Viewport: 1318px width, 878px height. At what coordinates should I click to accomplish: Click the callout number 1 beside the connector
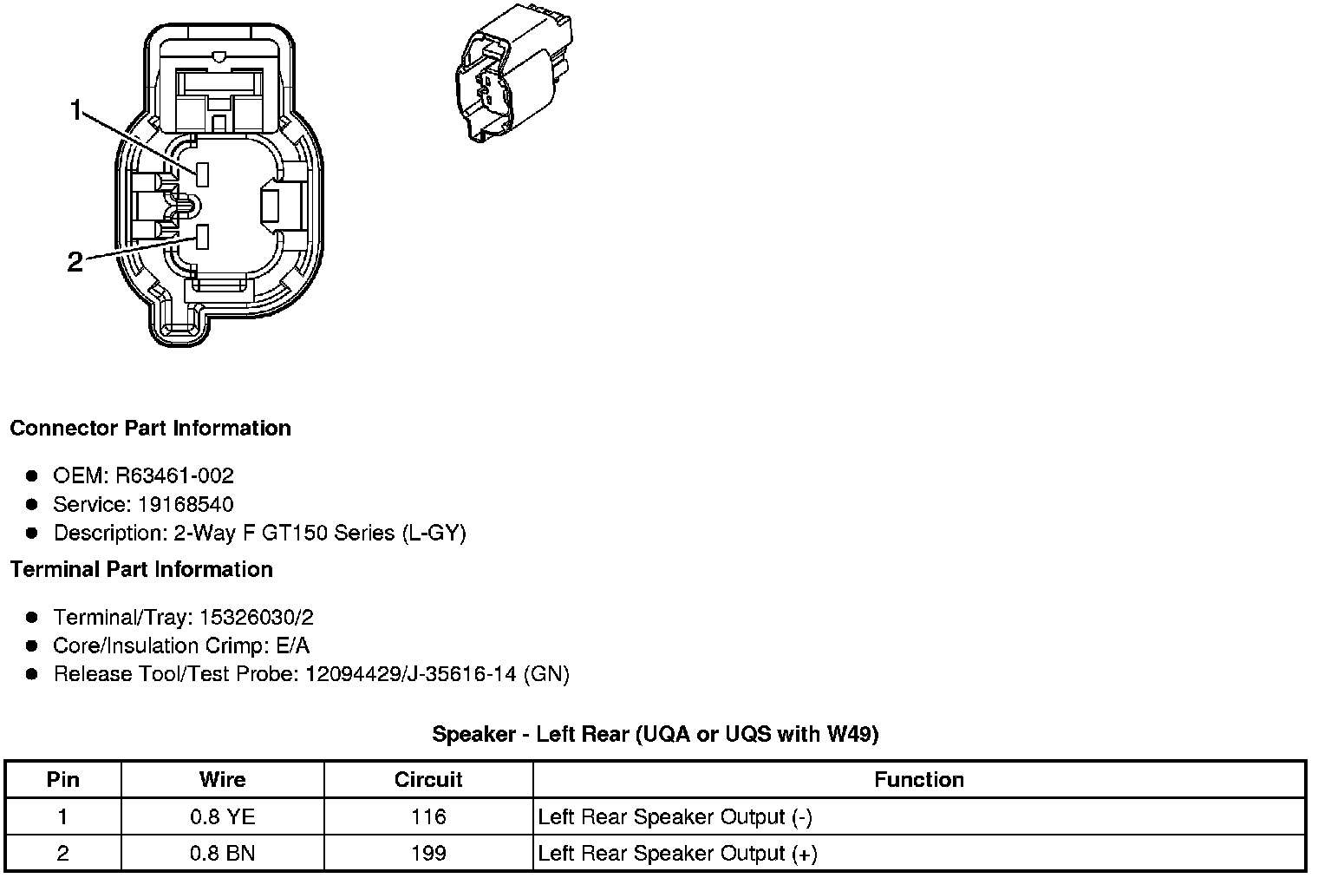point(76,110)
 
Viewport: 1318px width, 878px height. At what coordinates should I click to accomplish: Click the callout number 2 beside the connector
point(75,261)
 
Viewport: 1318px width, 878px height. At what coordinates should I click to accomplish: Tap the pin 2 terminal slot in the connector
point(203,236)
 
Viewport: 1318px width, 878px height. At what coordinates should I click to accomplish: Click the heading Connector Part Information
point(150,429)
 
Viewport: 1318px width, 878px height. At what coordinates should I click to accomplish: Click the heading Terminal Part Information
point(141,569)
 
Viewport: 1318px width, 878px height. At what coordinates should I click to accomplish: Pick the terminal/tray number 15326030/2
point(256,617)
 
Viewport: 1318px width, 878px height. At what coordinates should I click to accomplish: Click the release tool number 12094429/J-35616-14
point(412,674)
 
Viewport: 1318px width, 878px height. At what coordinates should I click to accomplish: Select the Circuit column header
point(428,779)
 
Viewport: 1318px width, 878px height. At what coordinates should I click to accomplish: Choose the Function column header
point(919,779)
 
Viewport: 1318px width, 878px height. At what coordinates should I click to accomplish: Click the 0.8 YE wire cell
point(222,816)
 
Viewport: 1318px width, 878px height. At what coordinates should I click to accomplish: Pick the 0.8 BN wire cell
point(222,853)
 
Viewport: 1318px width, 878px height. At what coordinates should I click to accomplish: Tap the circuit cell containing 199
point(428,853)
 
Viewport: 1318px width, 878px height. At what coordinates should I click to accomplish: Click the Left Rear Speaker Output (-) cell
point(675,816)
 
